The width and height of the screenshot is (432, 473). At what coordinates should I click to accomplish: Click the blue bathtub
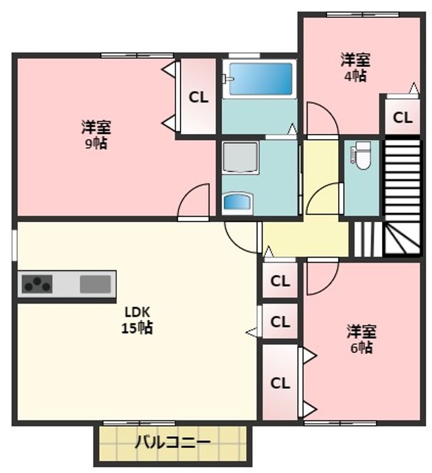tap(261, 79)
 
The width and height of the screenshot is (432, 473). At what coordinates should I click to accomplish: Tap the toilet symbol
tap(361, 155)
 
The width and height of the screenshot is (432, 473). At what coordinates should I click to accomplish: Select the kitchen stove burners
tap(37, 284)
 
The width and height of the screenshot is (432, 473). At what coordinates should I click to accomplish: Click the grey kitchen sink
tap(95, 284)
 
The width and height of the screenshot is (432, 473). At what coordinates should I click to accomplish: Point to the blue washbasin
tap(237, 203)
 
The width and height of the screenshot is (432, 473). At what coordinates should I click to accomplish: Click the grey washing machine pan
tap(240, 158)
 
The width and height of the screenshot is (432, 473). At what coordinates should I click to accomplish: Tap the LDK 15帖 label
tap(137, 320)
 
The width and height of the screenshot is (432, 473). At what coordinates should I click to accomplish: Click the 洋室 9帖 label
tap(96, 135)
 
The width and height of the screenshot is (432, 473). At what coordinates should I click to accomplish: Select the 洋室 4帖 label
tap(355, 68)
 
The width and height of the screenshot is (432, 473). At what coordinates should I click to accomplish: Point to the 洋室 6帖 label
tap(361, 339)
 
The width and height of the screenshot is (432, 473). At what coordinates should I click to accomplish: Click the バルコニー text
tap(173, 443)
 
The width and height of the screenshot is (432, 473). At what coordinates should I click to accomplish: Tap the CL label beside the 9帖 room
tap(198, 97)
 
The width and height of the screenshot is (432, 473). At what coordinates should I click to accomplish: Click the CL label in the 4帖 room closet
tap(402, 118)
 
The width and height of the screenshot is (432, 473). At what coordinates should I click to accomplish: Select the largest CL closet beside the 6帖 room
tap(280, 382)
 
